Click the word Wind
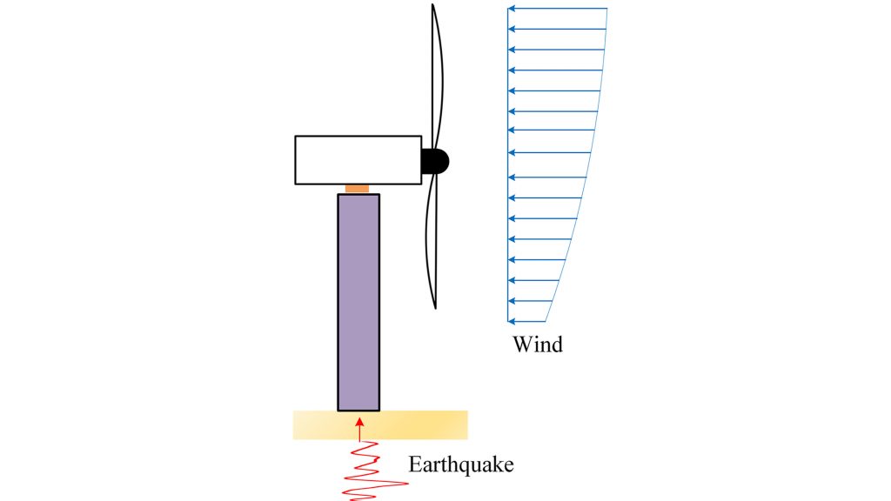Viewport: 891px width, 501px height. click(538, 344)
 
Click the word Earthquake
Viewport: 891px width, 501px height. click(461, 464)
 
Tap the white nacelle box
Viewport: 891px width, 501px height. click(358, 160)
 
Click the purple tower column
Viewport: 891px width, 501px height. click(358, 301)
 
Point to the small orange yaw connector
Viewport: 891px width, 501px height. click(358, 189)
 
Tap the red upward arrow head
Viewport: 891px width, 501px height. click(358, 422)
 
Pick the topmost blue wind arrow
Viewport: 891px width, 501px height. click(557, 9)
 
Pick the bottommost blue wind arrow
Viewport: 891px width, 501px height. click(527, 322)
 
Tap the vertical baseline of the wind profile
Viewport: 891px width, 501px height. click(508, 165)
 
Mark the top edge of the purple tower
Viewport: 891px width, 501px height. click(358, 195)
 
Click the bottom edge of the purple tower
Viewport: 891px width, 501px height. click(358, 410)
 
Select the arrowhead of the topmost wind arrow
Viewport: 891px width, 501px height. click(512, 9)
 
